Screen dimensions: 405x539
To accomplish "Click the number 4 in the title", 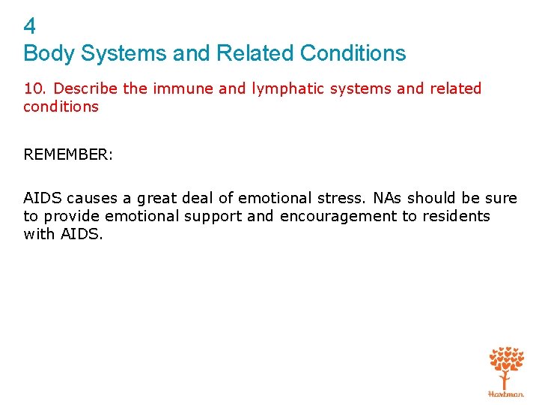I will (x=30, y=27).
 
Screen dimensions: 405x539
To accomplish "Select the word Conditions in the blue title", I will (x=353, y=54).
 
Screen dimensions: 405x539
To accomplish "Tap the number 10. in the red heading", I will (x=37, y=88).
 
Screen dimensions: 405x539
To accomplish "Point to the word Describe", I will (x=86, y=88).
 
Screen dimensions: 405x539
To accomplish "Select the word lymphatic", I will (x=287, y=88).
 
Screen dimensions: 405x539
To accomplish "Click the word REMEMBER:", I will (x=68, y=154).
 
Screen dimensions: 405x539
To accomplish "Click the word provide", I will (x=72, y=216).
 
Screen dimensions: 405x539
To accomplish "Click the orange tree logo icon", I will (x=506, y=367).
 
